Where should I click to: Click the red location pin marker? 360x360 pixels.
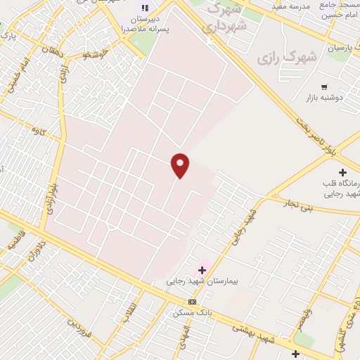click(x=180, y=165)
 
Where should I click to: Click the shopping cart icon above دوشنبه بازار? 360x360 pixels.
click(x=324, y=87)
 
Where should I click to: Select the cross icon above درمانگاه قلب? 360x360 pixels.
click(x=342, y=172)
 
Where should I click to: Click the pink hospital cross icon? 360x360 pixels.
click(x=202, y=269)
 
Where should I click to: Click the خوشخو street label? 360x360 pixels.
click(x=94, y=54)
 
